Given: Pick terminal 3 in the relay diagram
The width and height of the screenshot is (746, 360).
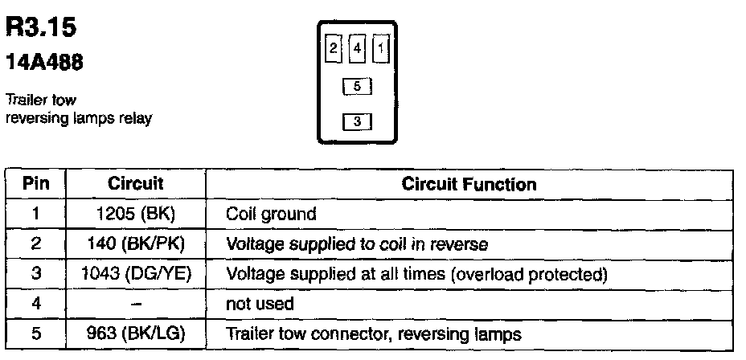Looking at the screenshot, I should (x=357, y=122).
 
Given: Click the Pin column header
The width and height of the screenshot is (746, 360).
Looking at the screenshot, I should (x=35, y=184).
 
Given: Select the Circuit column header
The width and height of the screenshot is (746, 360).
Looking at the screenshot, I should (x=136, y=184).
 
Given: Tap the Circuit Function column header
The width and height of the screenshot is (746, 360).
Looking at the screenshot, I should (x=469, y=184).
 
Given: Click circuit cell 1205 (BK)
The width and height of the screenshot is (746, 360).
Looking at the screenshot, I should (x=136, y=215).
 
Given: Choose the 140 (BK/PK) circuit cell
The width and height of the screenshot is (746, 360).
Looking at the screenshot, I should (x=136, y=243).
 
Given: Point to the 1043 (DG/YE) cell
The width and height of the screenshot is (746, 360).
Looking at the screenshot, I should (x=136, y=274).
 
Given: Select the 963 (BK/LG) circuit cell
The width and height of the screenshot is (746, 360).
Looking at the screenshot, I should (x=136, y=333).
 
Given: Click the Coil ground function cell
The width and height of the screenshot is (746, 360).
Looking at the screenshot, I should (x=272, y=215).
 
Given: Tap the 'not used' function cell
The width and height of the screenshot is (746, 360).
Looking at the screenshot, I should (x=260, y=305).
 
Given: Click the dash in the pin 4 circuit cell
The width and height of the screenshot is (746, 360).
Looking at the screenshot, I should (x=136, y=305).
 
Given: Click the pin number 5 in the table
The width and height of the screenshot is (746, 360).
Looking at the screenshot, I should (x=35, y=333).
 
